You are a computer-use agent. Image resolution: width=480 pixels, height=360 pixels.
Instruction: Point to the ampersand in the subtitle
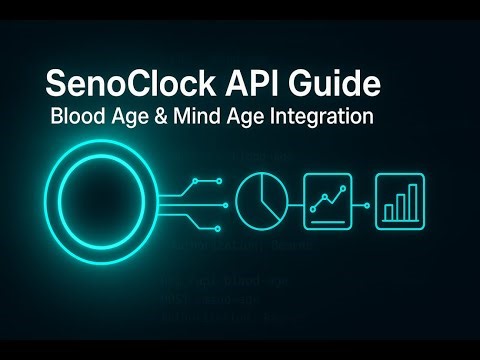[x=156, y=117]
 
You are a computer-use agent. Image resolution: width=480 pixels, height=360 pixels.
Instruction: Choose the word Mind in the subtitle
[x=194, y=117]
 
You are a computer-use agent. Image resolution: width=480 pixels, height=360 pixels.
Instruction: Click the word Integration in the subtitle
[x=320, y=117]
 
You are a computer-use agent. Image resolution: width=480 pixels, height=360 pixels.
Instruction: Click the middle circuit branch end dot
[x=226, y=196]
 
